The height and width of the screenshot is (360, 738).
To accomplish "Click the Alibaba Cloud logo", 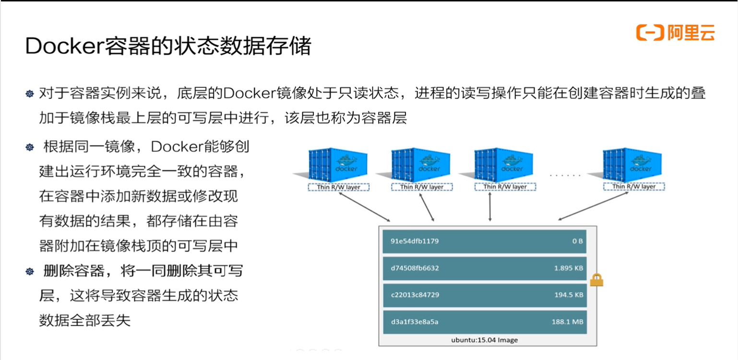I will point(675,33).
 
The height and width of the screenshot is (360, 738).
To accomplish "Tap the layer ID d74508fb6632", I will point(415,268).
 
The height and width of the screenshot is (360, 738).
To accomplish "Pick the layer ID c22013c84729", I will point(415,295).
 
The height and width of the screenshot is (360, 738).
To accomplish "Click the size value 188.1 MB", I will point(567,322).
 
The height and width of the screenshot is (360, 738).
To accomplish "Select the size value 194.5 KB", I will point(569,295).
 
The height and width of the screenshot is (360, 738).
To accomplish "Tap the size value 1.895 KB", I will point(569,268).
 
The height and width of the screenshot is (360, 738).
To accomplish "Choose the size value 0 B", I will point(577,241).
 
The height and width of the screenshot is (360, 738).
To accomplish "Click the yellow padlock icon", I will point(596,280).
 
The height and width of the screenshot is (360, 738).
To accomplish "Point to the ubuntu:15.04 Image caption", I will point(484,340).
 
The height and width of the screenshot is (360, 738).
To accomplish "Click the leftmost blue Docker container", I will point(338,165).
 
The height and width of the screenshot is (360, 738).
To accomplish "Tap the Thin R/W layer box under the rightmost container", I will point(633,187).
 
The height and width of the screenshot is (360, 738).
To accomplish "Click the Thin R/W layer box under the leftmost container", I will point(338,187).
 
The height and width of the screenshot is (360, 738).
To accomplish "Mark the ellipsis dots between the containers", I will point(565,176).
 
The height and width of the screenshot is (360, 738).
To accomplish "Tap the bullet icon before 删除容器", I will point(30,272).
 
